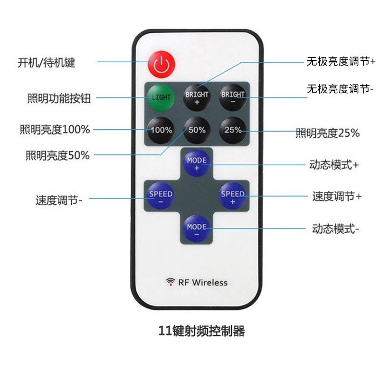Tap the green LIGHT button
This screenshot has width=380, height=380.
[x=161, y=97]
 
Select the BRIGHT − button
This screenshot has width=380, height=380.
[x=233, y=97]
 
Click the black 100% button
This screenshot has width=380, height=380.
[x=161, y=130]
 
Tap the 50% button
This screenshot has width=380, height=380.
[x=197, y=130]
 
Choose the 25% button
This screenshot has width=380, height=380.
[x=233, y=130]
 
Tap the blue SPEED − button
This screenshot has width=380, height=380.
[x=161, y=197]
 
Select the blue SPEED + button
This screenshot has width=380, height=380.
[x=233, y=197]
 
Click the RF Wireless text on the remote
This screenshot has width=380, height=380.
[x=203, y=283]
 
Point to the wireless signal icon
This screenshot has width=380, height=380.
[x=170, y=282]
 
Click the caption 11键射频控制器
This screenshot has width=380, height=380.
[x=201, y=331]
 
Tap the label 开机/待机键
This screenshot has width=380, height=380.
[x=47, y=62]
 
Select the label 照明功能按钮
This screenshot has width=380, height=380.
[x=59, y=98]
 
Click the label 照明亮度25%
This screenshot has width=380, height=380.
[x=328, y=133]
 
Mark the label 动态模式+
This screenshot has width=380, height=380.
[x=334, y=165]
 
